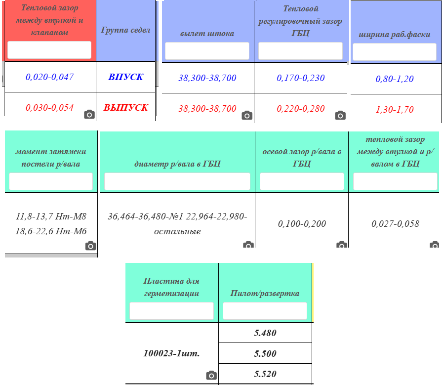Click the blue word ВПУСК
pos(126,77)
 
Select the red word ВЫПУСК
pos(126,107)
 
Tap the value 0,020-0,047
pos(50,77)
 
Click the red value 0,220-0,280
pos(301,109)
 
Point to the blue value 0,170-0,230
pos(301,78)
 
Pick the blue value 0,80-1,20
pos(395,79)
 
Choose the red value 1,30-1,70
pos(395,109)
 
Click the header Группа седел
pos(126,30)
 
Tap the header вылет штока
pos(207,34)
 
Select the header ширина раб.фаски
pos(395,35)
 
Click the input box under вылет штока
pos(207,51)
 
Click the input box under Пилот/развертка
pos(265,311)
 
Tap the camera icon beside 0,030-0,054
pos(89,114)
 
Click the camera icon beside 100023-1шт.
pos(211,375)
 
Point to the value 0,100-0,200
pos(302,224)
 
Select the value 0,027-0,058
pos(395,224)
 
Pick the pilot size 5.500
pos(265,353)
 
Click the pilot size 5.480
pos(265,333)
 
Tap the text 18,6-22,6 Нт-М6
pos(51,231)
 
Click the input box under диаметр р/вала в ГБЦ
pos(177,181)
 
